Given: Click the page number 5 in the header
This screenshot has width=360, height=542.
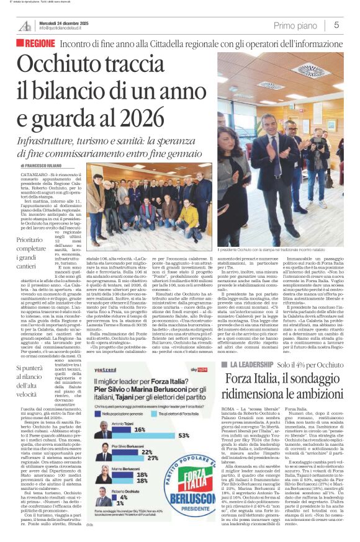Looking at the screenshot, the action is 336,25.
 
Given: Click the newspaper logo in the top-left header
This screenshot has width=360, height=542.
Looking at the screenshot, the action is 25,25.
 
